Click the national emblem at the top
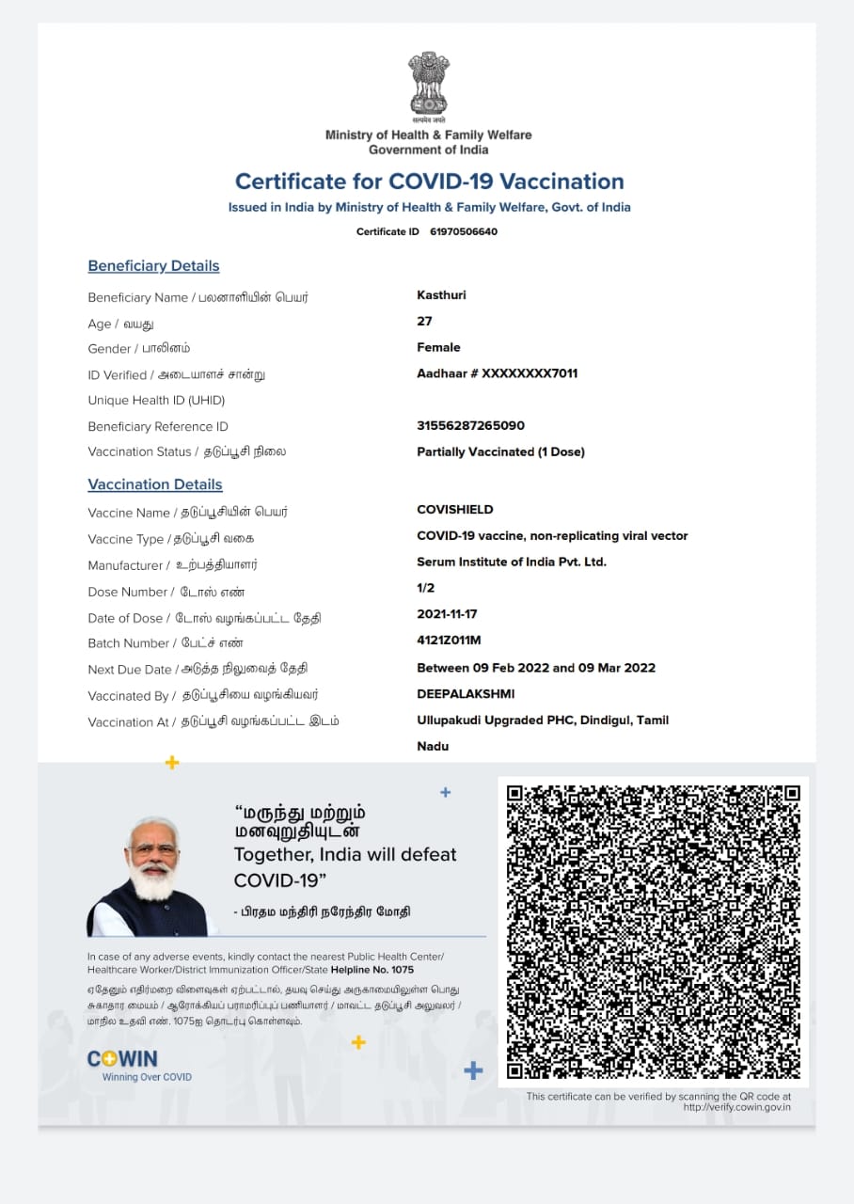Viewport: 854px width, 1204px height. pyautogui.click(x=428, y=84)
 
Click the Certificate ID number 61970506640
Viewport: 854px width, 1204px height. pyautogui.click(x=464, y=231)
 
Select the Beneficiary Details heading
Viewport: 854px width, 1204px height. pyautogui.click(x=153, y=266)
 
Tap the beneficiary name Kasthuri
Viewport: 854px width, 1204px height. pyautogui.click(x=441, y=295)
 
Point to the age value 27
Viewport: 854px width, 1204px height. pyautogui.click(x=424, y=321)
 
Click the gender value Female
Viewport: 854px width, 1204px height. pyautogui.click(x=438, y=347)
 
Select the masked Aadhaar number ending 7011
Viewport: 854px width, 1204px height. pyautogui.click(x=497, y=373)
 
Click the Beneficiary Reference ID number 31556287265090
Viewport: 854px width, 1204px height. pyautogui.click(x=470, y=425)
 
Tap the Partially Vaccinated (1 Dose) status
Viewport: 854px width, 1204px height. pyautogui.click(x=500, y=451)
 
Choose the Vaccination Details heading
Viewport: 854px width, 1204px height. pyautogui.click(x=155, y=484)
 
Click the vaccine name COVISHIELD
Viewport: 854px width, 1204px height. pyautogui.click(x=454, y=510)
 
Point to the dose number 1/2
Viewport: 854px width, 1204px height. pyautogui.click(x=425, y=588)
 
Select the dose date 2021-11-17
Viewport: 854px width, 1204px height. pyautogui.click(x=447, y=614)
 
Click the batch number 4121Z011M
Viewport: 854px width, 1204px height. pyautogui.click(x=449, y=641)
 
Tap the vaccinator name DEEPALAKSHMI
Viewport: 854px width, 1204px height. pyautogui.click(x=466, y=694)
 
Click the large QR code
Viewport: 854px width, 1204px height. pyautogui.click(x=653, y=931)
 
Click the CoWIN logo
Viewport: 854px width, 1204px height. pyautogui.click(x=122, y=1059)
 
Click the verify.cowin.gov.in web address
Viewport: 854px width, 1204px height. pyautogui.click(x=736, y=1107)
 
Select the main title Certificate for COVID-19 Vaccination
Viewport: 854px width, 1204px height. pyautogui.click(x=429, y=182)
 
